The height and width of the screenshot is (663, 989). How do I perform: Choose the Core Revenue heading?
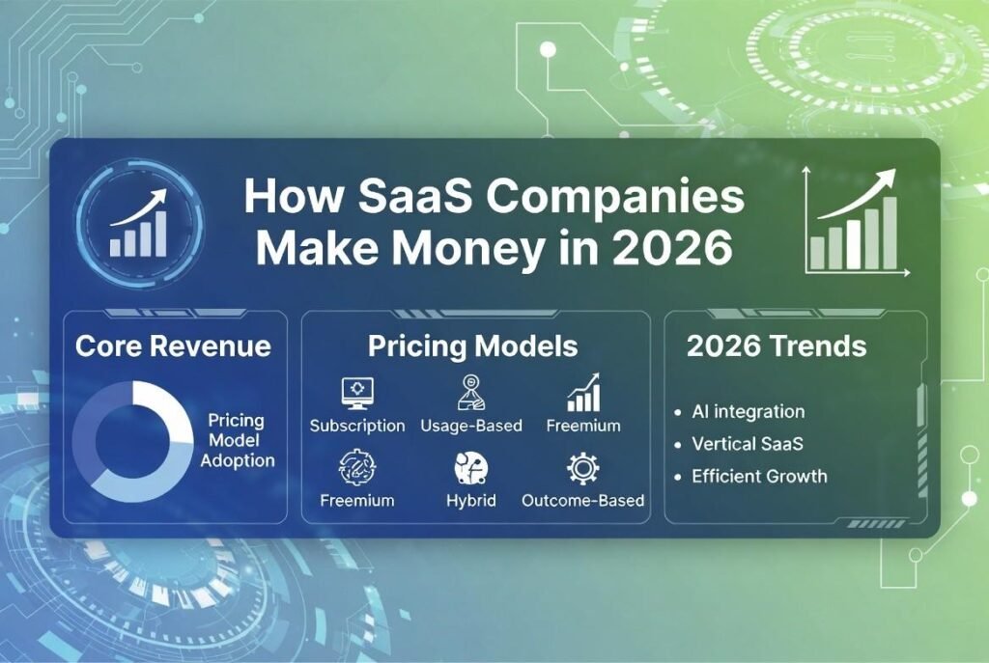coord(173,346)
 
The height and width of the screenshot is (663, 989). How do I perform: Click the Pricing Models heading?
coord(472,346)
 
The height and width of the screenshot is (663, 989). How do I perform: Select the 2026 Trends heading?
coord(777,346)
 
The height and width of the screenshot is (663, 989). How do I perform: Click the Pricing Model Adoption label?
coord(237,441)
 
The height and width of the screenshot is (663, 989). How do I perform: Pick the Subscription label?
coord(357,426)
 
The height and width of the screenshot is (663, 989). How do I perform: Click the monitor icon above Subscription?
coord(357,392)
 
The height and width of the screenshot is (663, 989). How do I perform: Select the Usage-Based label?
coord(471,426)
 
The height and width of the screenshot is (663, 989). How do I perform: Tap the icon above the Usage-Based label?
coord(470,392)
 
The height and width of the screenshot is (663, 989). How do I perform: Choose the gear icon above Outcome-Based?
coord(582,468)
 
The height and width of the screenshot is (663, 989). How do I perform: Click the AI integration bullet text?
coord(748,411)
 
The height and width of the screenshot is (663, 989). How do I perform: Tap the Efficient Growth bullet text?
coord(759,476)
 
